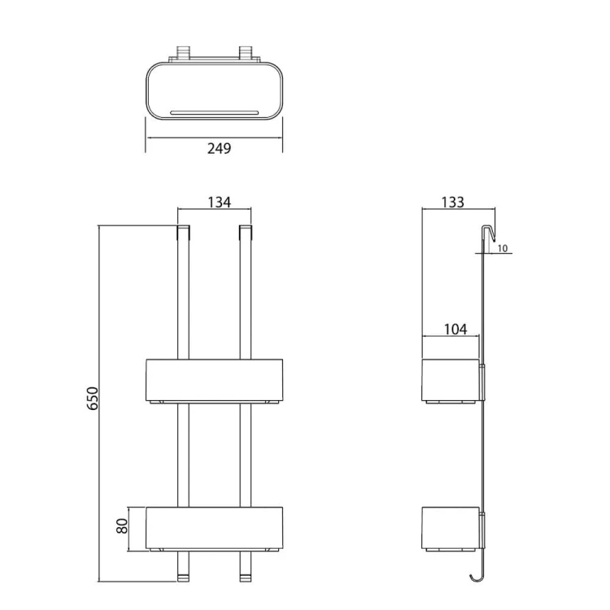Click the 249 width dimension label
click(219, 148)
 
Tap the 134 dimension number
click(219, 203)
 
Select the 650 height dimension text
click(93, 399)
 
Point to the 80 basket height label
click(122, 526)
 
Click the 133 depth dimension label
click(453, 203)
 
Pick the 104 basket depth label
click(455, 329)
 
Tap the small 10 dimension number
click(503, 248)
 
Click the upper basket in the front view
click(215, 381)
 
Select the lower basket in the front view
click(215, 529)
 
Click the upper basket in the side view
click(451, 381)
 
